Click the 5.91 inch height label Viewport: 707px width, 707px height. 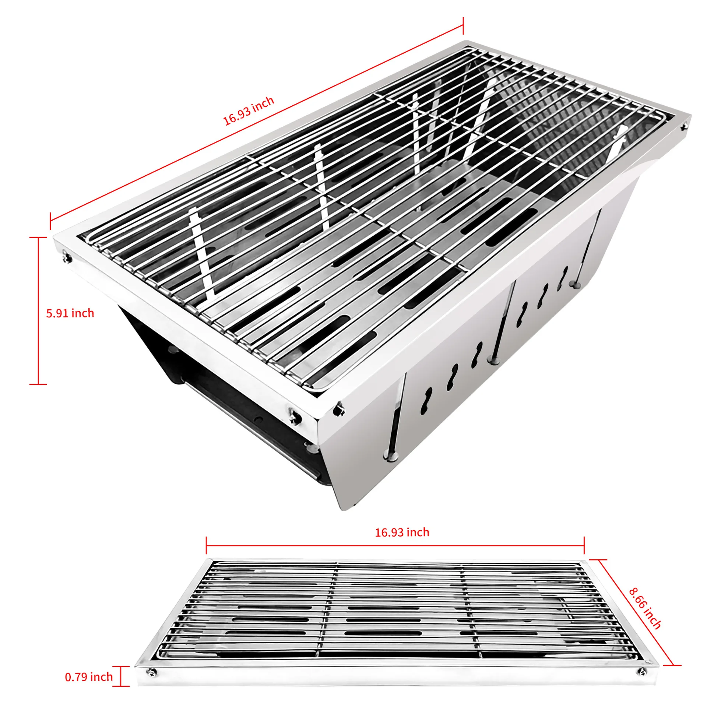point(70,313)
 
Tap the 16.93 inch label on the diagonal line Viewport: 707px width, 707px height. point(249,111)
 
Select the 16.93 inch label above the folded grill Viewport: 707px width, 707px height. point(402,532)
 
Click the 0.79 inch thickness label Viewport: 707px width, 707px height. point(89,677)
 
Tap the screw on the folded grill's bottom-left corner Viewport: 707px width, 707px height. point(152,672)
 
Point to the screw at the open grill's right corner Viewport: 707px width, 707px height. point(684,127)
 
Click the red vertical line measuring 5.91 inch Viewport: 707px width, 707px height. point(38,310)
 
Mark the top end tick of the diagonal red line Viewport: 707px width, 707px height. point(463,26)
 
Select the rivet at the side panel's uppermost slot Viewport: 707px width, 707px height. point(574,284)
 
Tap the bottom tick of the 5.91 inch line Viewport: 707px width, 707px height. point(38,384)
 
